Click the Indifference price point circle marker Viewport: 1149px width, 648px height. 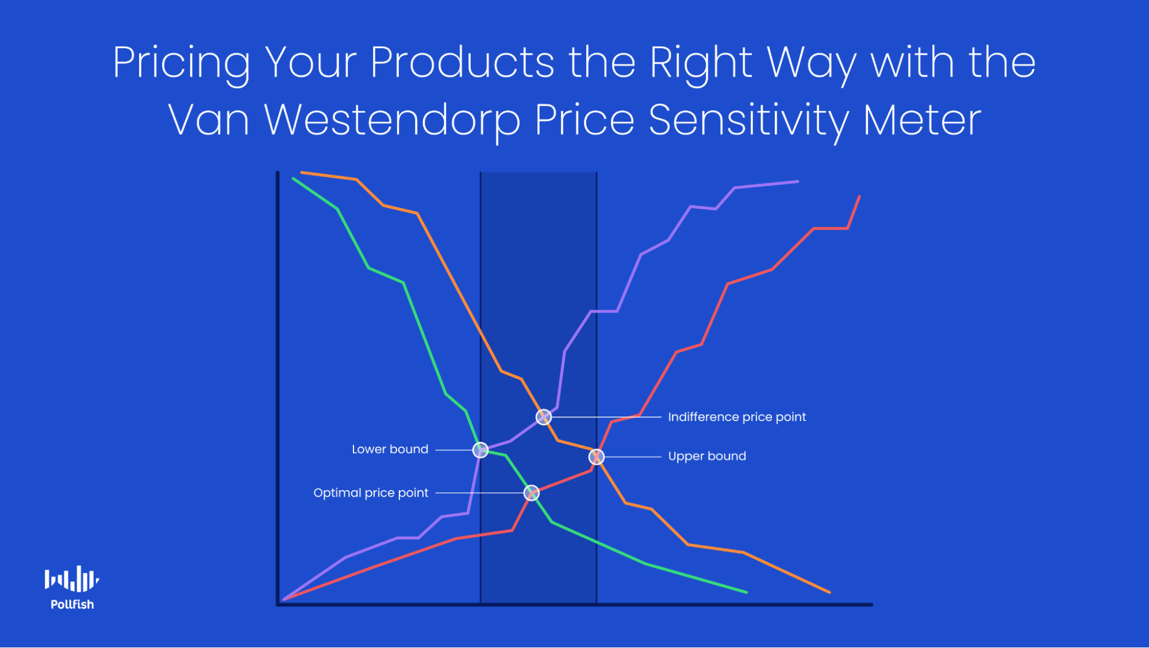543,416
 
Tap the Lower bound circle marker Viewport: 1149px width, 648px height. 481,450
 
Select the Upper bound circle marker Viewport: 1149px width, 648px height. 597,457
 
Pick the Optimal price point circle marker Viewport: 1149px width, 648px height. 532,493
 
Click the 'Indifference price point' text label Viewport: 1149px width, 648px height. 737,417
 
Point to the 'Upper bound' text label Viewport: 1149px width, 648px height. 707,456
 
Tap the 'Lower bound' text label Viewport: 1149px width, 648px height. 390,449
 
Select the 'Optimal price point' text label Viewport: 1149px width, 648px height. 371,493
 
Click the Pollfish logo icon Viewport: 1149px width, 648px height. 72,579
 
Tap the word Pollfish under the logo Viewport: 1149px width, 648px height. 72,604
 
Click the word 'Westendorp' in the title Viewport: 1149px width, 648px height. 392,120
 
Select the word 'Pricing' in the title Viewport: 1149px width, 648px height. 182,63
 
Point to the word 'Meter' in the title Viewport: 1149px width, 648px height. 922,120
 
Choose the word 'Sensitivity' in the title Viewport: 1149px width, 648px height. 748,120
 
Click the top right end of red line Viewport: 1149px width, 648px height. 859,197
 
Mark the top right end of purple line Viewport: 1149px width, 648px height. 797,182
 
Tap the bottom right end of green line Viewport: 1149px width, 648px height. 746,592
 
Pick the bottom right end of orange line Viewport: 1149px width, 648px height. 829,592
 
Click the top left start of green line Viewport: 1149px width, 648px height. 294,179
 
